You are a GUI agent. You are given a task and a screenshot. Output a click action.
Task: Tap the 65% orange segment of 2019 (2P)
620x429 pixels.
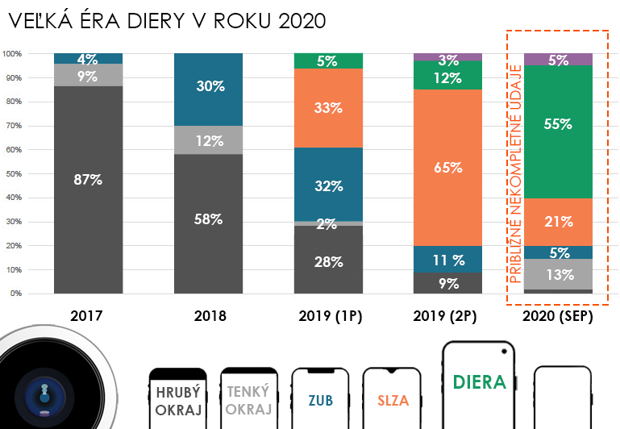(447, 168)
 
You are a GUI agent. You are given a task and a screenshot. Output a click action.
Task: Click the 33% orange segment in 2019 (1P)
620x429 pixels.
(328, 108)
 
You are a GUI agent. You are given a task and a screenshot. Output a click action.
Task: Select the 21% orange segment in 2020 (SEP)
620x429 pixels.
(558, 222)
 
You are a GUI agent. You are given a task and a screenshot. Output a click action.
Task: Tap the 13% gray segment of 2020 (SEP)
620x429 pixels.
(558, 274)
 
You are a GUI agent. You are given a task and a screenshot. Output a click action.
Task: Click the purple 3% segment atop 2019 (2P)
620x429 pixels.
(447, 58)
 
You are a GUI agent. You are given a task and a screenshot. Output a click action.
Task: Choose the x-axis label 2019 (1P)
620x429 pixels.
(329, 317)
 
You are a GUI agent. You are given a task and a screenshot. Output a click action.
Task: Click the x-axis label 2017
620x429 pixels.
(87, 317)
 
